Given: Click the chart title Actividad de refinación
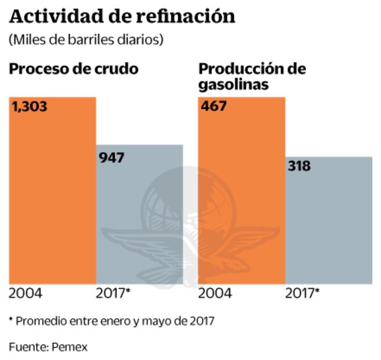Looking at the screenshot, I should point(122,16).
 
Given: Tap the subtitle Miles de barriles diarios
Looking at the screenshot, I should point(86,39).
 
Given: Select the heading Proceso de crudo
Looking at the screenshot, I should point(74,69).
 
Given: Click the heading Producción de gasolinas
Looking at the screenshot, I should point(252,77).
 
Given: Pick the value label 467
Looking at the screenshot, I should point(213,107).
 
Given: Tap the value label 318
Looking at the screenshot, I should point(299,166).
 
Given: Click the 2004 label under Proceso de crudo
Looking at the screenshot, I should point(26,293).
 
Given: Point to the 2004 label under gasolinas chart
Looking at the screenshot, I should point(215,293).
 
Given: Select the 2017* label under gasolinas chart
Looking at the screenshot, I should point(302,293).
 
